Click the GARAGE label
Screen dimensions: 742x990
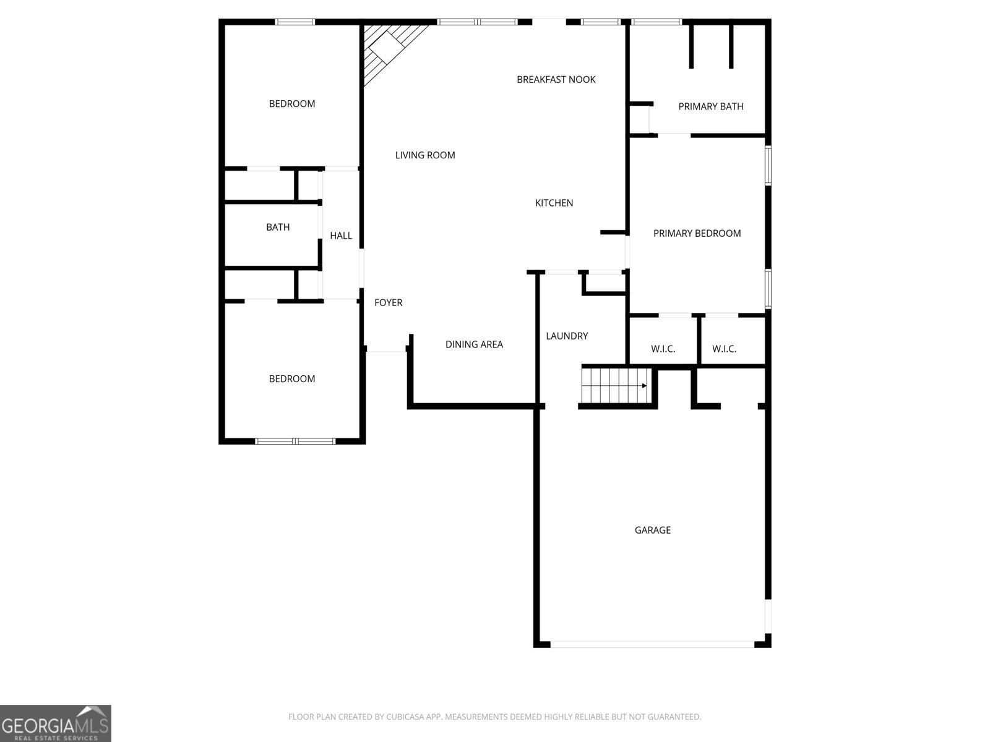click(652, 530)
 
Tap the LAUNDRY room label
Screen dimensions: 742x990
click(567, 336)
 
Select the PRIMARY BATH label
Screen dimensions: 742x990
click(710, 106)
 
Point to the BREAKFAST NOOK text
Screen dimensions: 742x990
click(556, 79)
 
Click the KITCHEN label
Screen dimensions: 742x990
click(554, 203)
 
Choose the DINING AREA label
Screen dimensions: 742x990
click(474, 344)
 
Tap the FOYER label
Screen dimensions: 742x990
click(388, 302)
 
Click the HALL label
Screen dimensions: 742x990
click(340, 236)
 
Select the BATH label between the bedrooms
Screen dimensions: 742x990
click(278, 227)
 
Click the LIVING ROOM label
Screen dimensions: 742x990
click(425, 155)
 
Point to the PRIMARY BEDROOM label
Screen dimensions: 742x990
click(697, 233)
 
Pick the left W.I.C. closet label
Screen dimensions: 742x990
click(663, 349)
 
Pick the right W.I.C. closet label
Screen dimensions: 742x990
click(724, 349)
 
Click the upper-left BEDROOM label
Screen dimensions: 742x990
click(291, 104)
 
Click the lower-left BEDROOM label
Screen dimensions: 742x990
click(291, 378)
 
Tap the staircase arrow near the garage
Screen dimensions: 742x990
click(643, 386)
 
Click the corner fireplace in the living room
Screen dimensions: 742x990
click(387, 47)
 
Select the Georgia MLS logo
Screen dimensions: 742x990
click(55, 723)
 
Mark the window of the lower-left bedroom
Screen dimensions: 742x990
click(295, 441)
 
